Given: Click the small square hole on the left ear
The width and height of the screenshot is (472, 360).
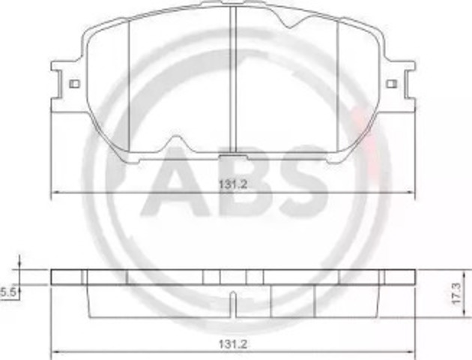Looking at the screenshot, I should point(73,84).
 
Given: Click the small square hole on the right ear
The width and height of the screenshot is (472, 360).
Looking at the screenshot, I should point(390,84).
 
